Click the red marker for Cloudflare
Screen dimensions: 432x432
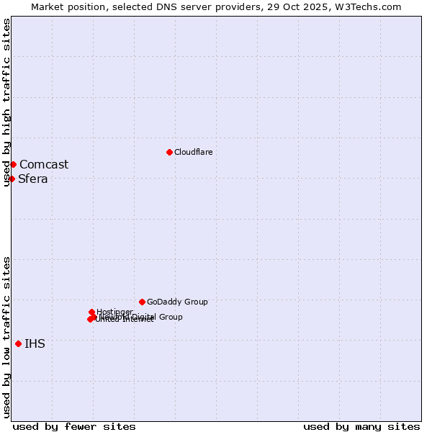coord(169,152)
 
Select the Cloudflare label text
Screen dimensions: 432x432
coord(193,152)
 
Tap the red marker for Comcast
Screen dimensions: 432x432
coord(13,164)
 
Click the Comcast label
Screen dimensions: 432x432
coord(44,164)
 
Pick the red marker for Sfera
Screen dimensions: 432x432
coord(12,179)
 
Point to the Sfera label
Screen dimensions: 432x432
coord(33,179)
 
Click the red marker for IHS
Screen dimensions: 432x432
coord(18,343)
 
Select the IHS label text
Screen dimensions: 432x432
coord(35,343)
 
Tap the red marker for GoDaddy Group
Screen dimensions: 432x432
coord(142,302)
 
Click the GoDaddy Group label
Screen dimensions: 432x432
coord(177,302)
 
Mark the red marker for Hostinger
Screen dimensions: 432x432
coord(91,312)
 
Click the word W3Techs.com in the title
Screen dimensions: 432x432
coord(371,6)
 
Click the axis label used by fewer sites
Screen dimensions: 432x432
coord(74,426)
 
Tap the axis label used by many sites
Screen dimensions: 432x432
coord(361,426)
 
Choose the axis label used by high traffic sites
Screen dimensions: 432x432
coord(6,102)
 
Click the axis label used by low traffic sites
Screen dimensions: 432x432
coord(6,337)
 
